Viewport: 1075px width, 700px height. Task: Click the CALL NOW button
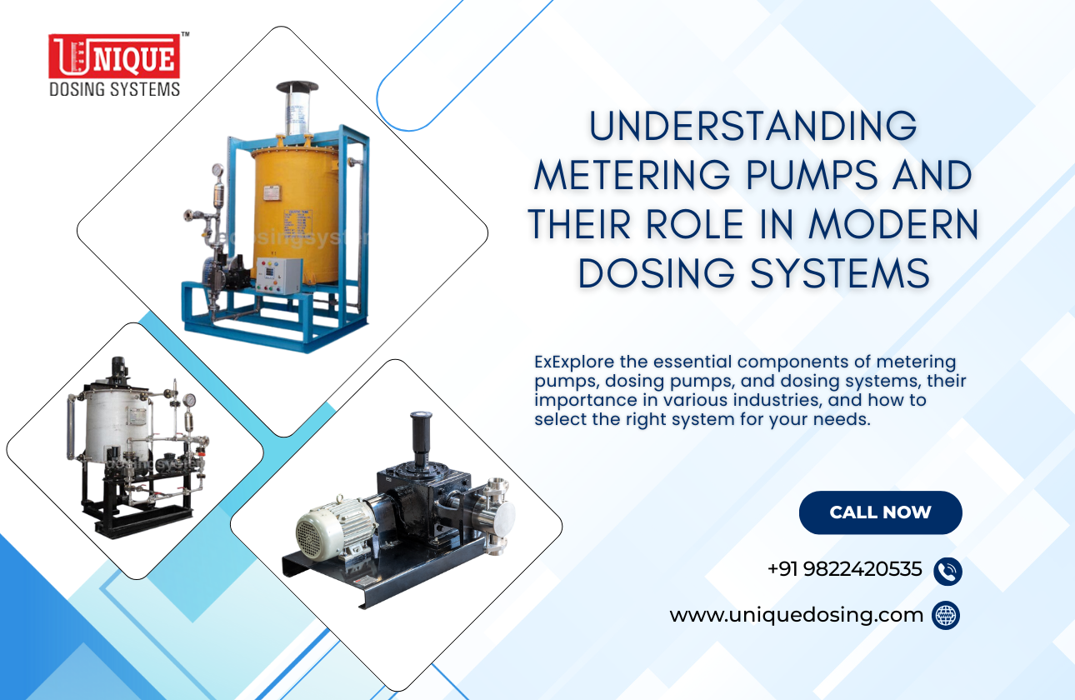[x=880, y=512]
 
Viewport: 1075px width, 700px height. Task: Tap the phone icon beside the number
[x=947, y=572]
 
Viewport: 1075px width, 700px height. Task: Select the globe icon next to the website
[x=946, y=616]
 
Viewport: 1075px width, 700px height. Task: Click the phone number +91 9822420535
[x=844, y=570]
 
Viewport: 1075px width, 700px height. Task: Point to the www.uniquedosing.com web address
[x=796, y=616]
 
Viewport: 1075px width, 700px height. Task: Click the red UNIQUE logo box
[x=114, y=57]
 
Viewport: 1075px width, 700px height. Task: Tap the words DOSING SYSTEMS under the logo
[x=114, y=88]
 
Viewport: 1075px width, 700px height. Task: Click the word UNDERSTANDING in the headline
[x=753, y=127]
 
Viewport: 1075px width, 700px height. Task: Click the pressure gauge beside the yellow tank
[x=217, y=171]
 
